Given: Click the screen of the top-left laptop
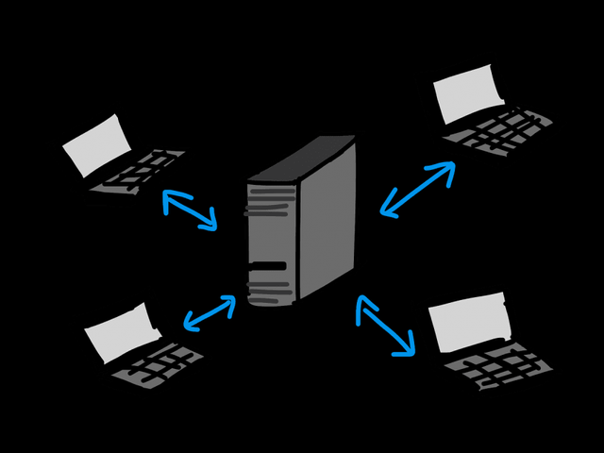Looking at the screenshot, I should coord(96,147).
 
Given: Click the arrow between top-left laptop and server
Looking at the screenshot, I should coord(190,210).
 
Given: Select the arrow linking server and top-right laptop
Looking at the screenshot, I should coord(417,188).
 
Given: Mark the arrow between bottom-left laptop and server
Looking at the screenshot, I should coord(209,313).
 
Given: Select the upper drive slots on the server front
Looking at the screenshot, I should coord(268,202).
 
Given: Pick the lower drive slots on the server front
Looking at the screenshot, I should coord(268,281).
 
